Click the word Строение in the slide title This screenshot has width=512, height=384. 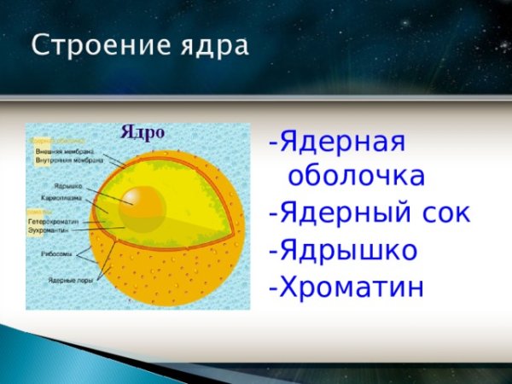pos(88,45)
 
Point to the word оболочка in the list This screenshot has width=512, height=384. pos(356,177)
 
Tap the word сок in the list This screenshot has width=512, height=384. pos(442,213)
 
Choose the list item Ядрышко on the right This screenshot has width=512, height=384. pos(347,251)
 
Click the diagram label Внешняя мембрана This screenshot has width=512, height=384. pos(63,151)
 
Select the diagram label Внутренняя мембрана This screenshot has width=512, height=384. pos(68,160)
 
